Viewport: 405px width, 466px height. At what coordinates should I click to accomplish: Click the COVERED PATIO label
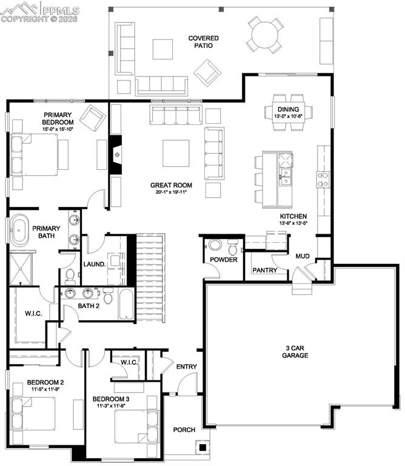pyautogui.click(x=203, y=42)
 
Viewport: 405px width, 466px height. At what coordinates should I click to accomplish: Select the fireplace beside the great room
pyautogui.click(x=116, y=155)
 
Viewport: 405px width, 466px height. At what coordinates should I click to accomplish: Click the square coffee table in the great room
pyautogui.click(x=175, y=153)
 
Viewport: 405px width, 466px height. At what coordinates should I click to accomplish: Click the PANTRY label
pyautogui.click(x=264, y=271)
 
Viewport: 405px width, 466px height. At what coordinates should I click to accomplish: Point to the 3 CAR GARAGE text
pyautogui.click(x=295, y=352)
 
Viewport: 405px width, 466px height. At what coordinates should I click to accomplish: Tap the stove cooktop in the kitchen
pyautogui.click(x=323, y=178)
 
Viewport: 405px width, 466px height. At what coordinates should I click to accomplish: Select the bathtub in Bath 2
pyautogui.click(x=126, y=305)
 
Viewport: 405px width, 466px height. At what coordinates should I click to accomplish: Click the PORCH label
pyautogui.click(x=184, y=430)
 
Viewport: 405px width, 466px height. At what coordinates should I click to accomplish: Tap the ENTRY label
pyautogui.click(x=187, y=366)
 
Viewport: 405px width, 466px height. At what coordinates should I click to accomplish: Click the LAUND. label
pyautogui.click(x=95, y=264)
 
